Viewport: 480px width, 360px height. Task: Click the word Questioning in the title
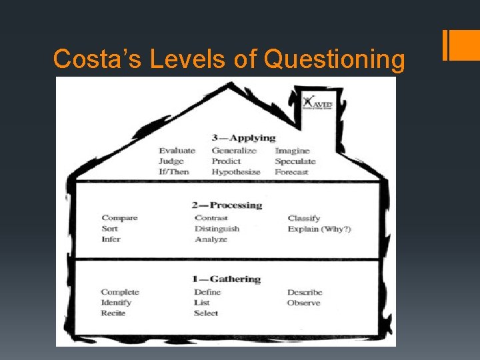[x=334, y=60]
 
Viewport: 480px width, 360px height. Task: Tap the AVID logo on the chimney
[x=317, y=103]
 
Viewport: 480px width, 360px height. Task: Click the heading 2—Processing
[x=227, y=205]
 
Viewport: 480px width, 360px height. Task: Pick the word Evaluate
[x=177, y=151]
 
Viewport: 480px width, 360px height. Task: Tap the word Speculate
[x=295, y=161]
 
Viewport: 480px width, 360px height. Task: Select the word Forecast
[x=291, y=172]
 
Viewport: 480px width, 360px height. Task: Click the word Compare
[x=119, y=218]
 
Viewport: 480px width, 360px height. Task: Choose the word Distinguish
[x=217, y=229]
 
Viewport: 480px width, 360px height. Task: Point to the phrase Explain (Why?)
[x=319, y=229]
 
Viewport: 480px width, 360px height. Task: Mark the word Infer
[x=111, y=239]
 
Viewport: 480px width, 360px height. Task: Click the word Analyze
[x=211, y=239]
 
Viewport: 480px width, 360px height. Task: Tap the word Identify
[x=116, y=303]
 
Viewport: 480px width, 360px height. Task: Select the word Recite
[x=113, y=313]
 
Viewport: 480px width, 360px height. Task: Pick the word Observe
[x=303, y=303]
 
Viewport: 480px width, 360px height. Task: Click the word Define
[x=207, y=292]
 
